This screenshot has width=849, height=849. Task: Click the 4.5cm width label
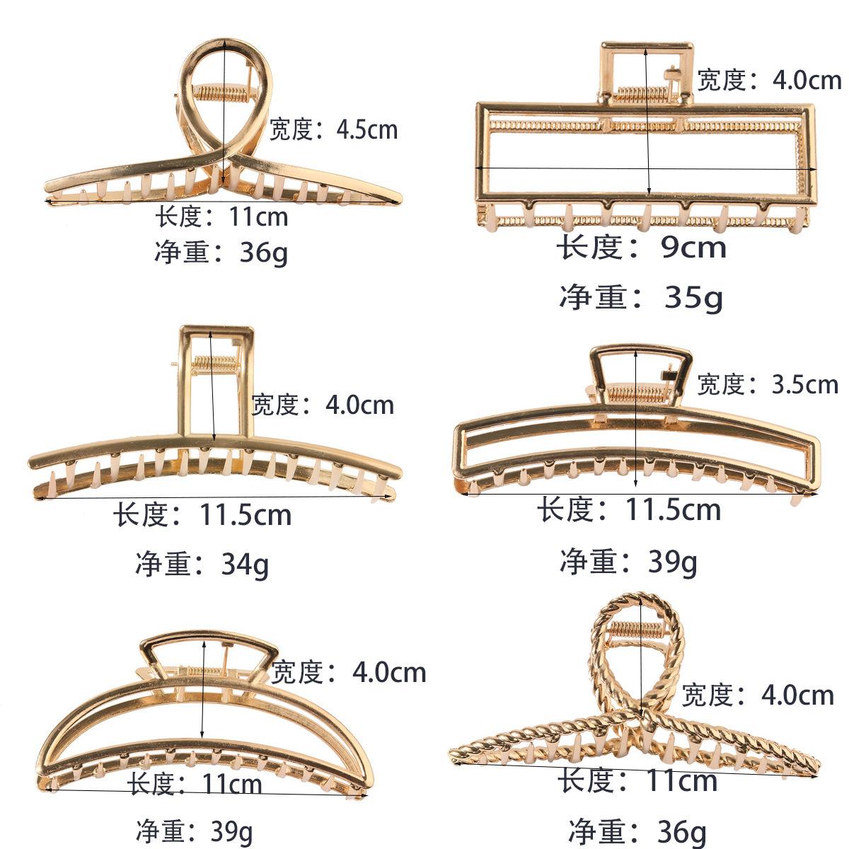pyautogui.click(x=333, y=129)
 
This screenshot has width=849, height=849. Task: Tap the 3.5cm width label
pyautogui.click(x=767, y=384)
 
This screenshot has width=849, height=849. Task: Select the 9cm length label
pyautogui.click(x=641, y=248)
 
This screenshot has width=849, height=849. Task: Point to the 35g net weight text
pyautogui.click(x=641, y=297)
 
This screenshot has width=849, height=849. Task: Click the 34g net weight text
pyautogui.click(x=202, y=564)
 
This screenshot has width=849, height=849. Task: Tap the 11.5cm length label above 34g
pyautogui.click(x=202, y=515)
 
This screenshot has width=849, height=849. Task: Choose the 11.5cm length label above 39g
pyautogui.click(x=628, y=509)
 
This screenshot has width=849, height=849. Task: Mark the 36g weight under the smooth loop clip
pyautogui.click(x=221, y=253)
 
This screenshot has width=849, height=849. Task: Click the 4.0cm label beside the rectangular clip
pyautogui.click(x=769, y=80)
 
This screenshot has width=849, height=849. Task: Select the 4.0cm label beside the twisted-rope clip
pyautogui.click(x=758, y=695)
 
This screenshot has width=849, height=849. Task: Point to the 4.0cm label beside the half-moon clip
pyautogui.click(x=349, y=671)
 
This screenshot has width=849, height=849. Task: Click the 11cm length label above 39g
pyautogui.click(x=195, y=784)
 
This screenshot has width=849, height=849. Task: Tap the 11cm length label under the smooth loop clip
pyautogui.click(x=221, y=216)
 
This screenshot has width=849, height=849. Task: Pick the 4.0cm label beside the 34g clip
pyautogui.click(x=323, y=405)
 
